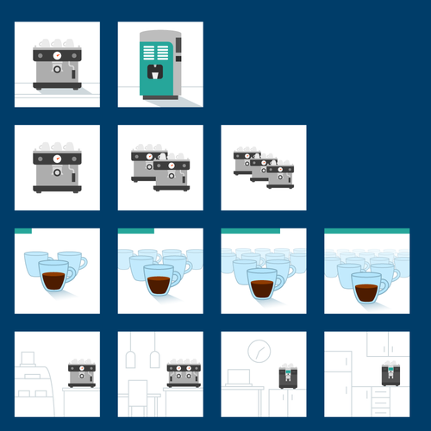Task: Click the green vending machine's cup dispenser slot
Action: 155,72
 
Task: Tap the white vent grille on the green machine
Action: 155,47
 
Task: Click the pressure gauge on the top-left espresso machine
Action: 57,55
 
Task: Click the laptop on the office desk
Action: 239,378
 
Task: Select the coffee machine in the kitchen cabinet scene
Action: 390,372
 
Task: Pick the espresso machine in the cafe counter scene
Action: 81,374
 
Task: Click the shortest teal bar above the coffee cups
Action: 23,231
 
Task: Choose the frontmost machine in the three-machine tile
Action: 279,176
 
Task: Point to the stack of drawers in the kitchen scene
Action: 378,400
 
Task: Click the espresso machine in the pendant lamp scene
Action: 183,374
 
